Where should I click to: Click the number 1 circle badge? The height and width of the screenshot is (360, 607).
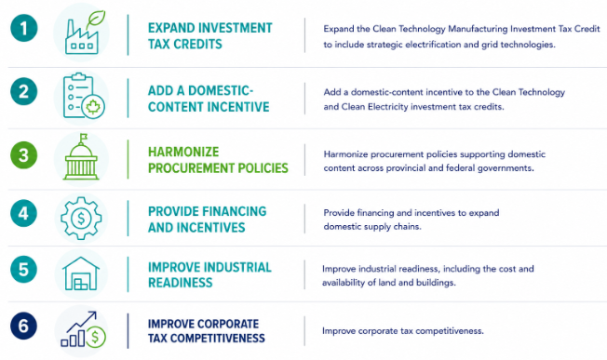(23, 28)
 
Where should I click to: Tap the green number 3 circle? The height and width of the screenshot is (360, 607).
(23, 155)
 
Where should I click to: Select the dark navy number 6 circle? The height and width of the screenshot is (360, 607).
(23, 326)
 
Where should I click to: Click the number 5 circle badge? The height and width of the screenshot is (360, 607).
(23, 269)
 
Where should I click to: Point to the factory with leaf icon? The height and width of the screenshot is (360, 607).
(83, 33)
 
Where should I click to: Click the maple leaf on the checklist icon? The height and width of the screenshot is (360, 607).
(93, 106)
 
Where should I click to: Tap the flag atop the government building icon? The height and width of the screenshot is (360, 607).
(83, 138)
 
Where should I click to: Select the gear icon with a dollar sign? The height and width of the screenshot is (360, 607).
(81, 218)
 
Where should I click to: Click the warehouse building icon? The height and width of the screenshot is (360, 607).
(81, 273)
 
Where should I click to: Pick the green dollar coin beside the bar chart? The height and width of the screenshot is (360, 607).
(95, 337)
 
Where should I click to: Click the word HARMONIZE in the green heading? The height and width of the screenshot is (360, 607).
(183, 152)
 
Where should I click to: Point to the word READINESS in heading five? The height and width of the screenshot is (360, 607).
(181, 283)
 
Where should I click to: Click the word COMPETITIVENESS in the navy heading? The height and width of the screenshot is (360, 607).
(218, 338)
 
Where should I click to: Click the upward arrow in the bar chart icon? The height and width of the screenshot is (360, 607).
(82, 321)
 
